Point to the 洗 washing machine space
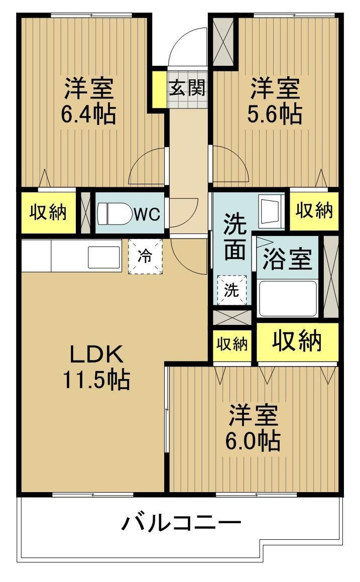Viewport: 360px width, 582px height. pos(232,290)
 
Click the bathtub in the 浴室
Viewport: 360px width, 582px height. pos(287,298)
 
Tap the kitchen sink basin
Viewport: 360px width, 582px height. pos(104,257)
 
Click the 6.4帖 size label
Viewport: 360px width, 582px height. pos(88,114)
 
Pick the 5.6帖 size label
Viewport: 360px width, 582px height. pos(276,114)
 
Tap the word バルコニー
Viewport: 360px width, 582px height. pos(181,524)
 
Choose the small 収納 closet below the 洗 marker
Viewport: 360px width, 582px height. pos(232,344)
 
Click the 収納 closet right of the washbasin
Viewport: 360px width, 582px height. pos(314,210)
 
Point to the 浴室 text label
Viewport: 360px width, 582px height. pos(287,260)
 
